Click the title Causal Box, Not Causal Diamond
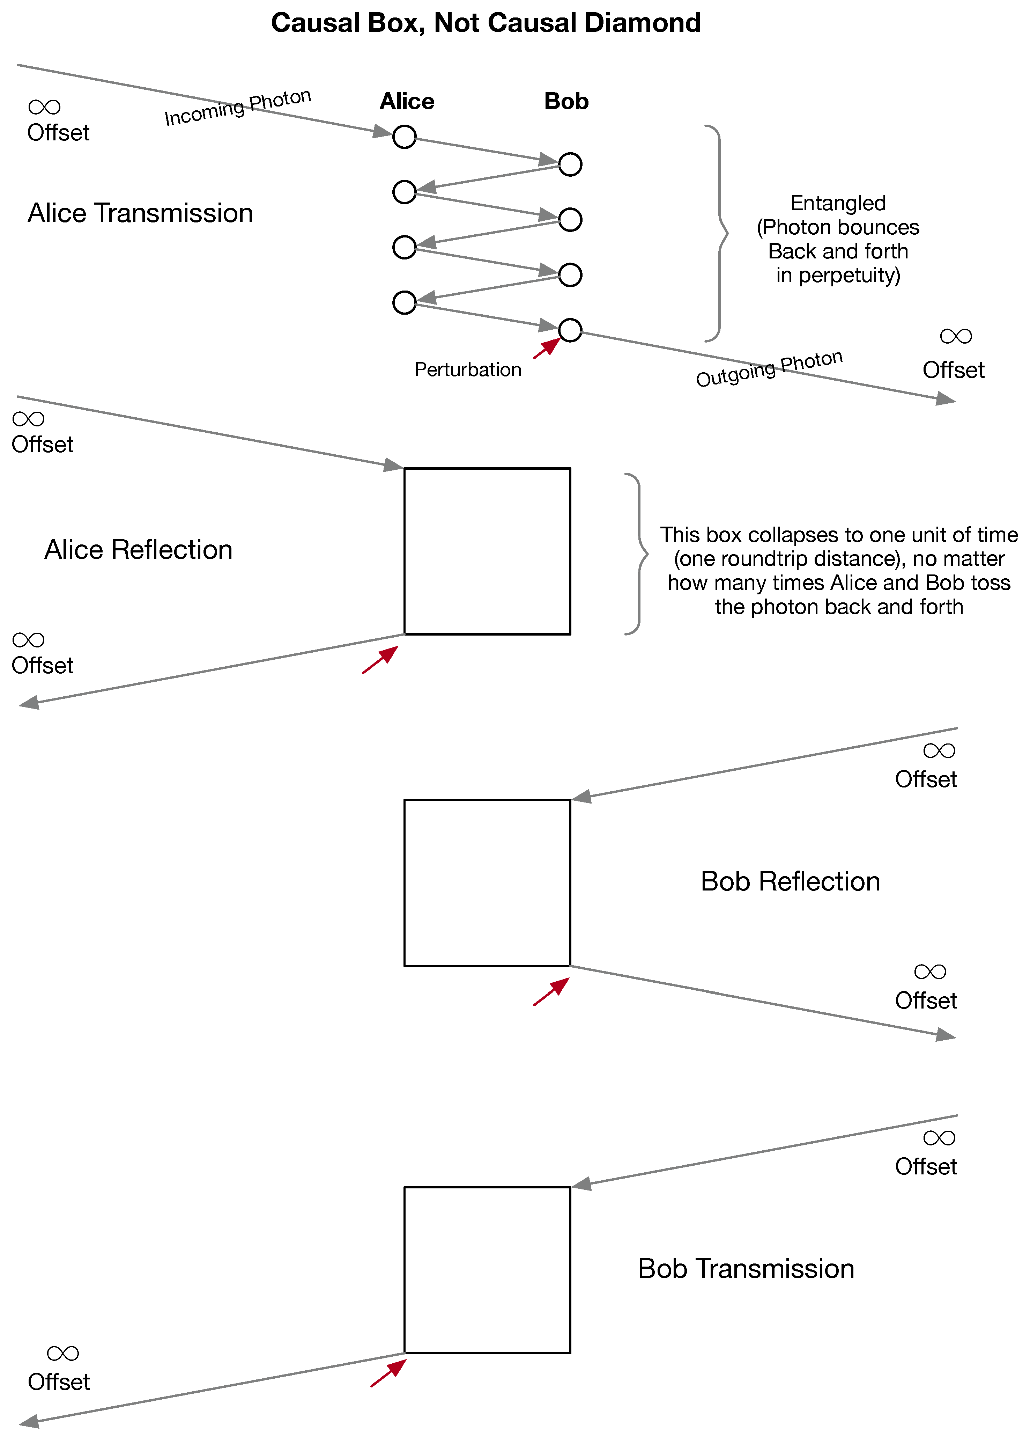pos(486,23)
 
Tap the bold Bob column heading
pos(566,102)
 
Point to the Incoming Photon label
pos(238,107)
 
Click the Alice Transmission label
pos(140,213)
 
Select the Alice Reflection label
pos(138,549)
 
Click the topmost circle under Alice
pos(405,137)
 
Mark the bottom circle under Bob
pos(570,330)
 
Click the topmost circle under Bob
pos(570,164)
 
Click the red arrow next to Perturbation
pos(547,348)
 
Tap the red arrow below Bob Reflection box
pos(551,992)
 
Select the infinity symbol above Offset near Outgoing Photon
pos(955,336)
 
